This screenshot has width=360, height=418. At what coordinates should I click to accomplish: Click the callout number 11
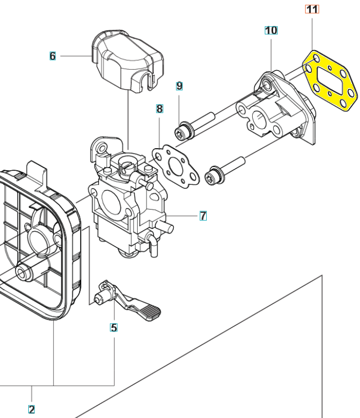(312, 9)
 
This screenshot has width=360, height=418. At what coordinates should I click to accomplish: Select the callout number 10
(271, 30)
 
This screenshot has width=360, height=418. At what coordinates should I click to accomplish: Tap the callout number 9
(179, 85)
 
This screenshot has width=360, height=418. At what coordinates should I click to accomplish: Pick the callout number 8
(160, 109)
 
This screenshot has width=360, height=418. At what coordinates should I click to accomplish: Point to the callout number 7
(203, 215)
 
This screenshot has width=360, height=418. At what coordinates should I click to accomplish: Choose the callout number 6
(52, 56)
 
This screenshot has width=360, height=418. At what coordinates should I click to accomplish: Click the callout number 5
(114, 328)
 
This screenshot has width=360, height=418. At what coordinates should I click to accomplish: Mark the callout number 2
(31, 409)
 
